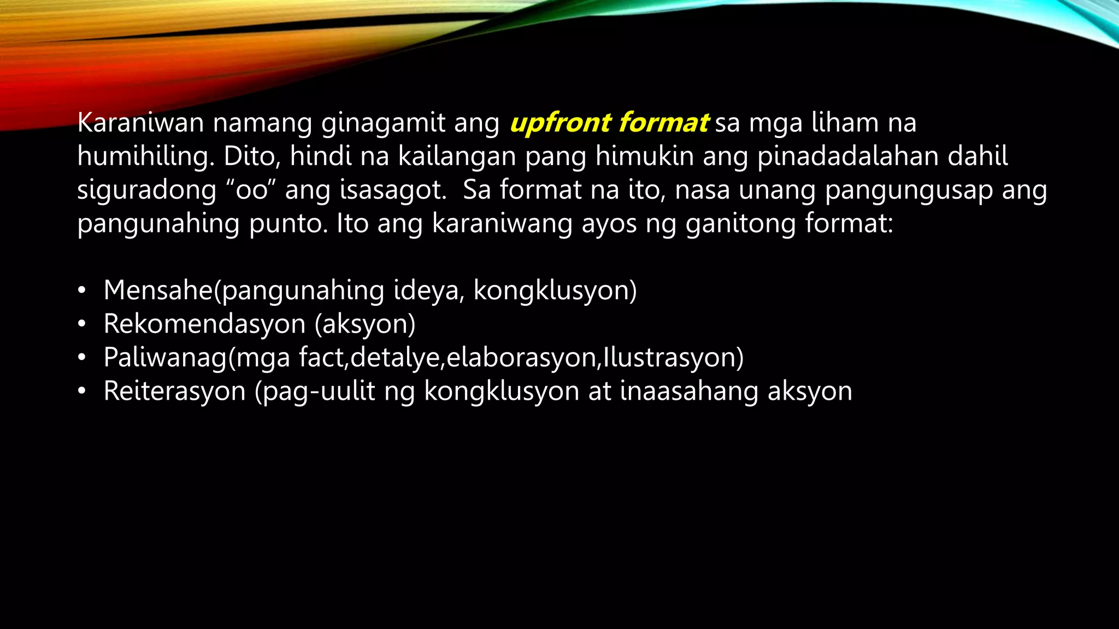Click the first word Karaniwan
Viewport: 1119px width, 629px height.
(x=140, y=123)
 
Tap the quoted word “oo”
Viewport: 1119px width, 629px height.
(x=251, y=191)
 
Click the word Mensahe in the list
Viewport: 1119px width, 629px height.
(x=158, y=290)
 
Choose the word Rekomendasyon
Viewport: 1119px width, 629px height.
(x=204, y=324)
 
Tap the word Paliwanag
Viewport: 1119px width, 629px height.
(x=164, y=358)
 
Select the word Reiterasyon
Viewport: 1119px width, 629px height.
(x=174, y=391)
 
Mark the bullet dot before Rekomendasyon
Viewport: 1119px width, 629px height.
(x=81, y=324)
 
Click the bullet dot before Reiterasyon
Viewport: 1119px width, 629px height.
(x=81, y=392)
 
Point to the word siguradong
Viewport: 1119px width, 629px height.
(x=147, y=191)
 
